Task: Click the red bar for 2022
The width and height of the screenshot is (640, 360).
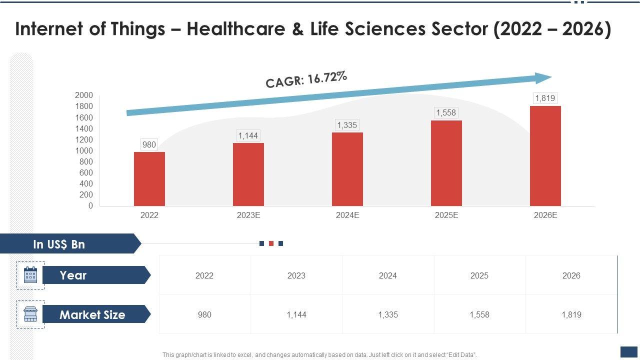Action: coord(149,178)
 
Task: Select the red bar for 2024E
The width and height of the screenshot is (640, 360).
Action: coord(347,169)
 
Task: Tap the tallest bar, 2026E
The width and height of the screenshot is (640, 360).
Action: coord(545,155)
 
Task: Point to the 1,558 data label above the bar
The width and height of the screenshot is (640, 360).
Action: coord(446,112)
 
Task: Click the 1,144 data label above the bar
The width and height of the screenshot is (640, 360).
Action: coord(248,135)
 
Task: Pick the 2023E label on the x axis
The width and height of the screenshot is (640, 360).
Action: coord(248,215)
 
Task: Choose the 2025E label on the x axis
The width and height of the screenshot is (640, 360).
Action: coord(446,215)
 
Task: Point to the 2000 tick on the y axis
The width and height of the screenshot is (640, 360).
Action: coord(84,95)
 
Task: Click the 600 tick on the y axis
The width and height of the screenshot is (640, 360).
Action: coord(86,172)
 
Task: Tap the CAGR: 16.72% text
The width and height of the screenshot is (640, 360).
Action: coord(306,79)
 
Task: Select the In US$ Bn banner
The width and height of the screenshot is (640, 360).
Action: coord(59,244)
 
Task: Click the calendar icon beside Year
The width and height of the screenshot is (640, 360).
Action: coord(30,275)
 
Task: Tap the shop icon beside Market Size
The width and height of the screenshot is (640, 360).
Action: coord(30,314)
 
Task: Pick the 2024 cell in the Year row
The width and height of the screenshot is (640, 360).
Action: coord(387,275)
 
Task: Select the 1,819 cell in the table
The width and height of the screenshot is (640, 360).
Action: coord(571,314)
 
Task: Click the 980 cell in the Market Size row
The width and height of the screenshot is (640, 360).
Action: coord(204,314)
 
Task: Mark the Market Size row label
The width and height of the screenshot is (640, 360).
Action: coord(92,314)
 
